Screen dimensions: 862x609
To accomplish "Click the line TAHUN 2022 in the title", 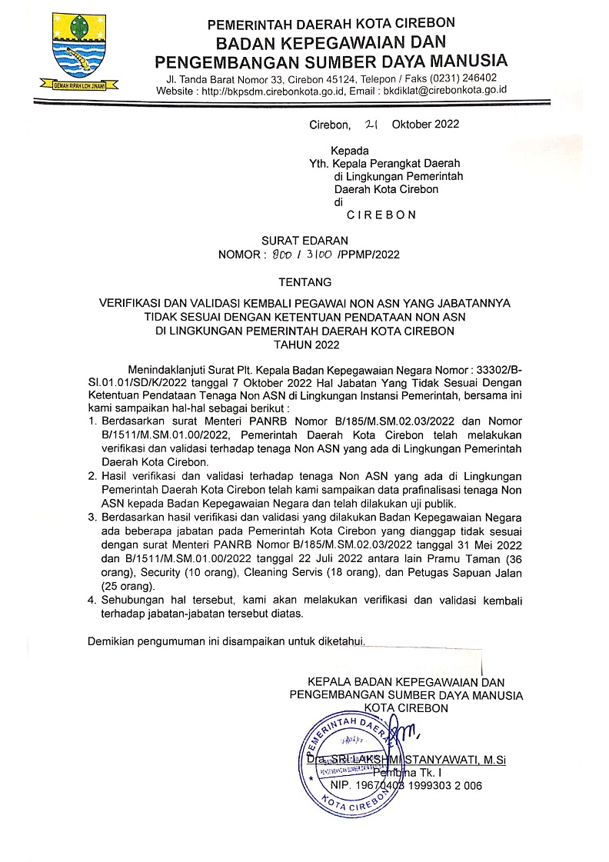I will (x=304, y=345).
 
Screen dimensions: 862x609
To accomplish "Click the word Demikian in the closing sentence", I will (x=112, y=641).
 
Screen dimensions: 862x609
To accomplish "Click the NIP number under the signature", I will (x=406, y=786).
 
